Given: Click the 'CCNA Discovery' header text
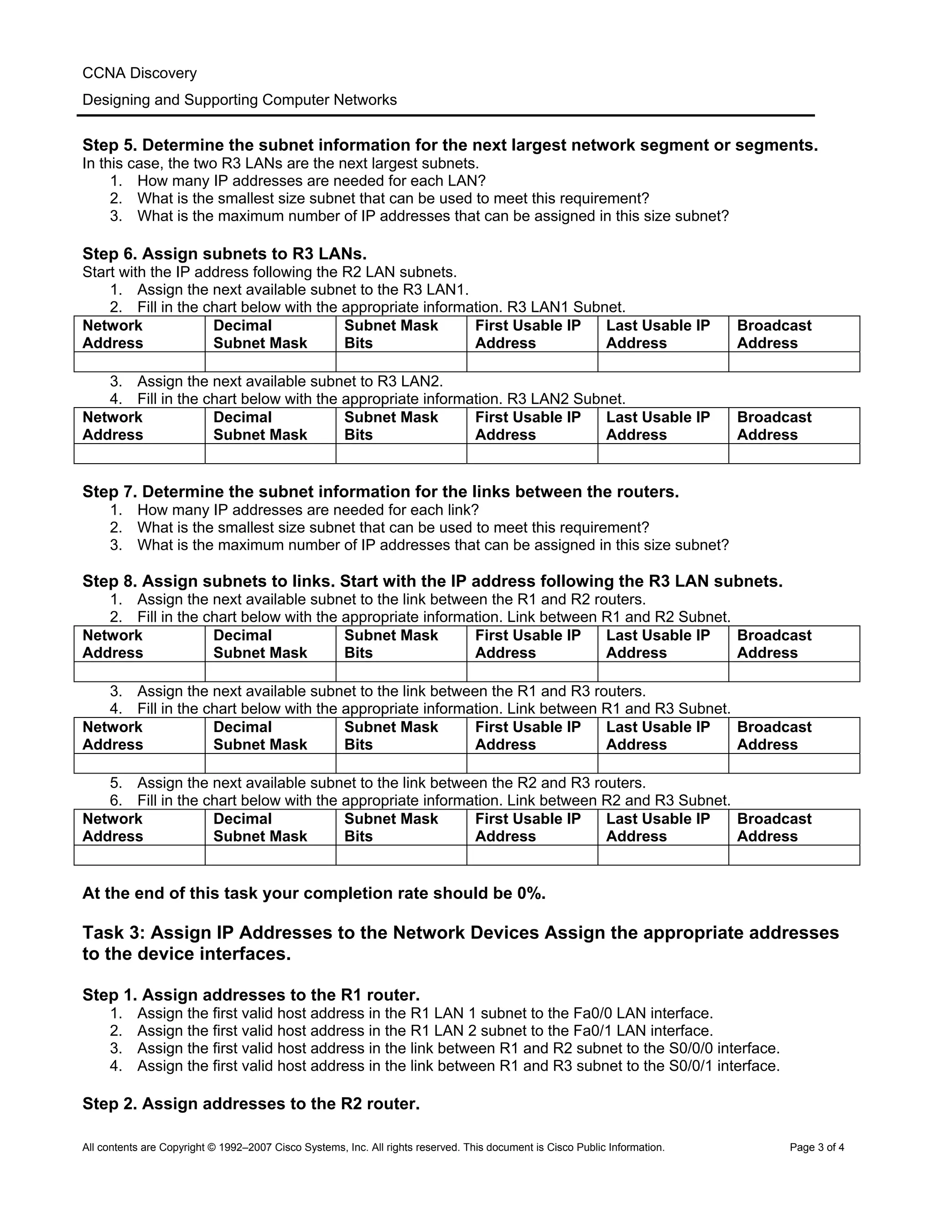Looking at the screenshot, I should click(x=140, y=73).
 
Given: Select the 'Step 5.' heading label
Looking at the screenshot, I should click(x=110, y=145).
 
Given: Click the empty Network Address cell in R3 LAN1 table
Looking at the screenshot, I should click(x=140, y=362).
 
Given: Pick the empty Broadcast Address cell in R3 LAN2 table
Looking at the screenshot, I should click(x=794, y=454).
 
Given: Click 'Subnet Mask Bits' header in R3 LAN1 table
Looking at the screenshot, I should click(x=391, y=334).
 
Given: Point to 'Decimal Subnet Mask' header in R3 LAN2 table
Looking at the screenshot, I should click(x=260, y=426).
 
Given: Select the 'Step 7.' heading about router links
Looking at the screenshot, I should click(x=110, y=492).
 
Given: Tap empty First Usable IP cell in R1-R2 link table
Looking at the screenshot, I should click(x=532, y=671).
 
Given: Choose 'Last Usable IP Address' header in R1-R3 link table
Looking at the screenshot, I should click(x=658, y=736).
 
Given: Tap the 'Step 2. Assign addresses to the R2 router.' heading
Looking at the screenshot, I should click(x=251, y=1104).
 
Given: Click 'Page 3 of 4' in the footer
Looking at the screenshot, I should click(x=817, y=1147).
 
